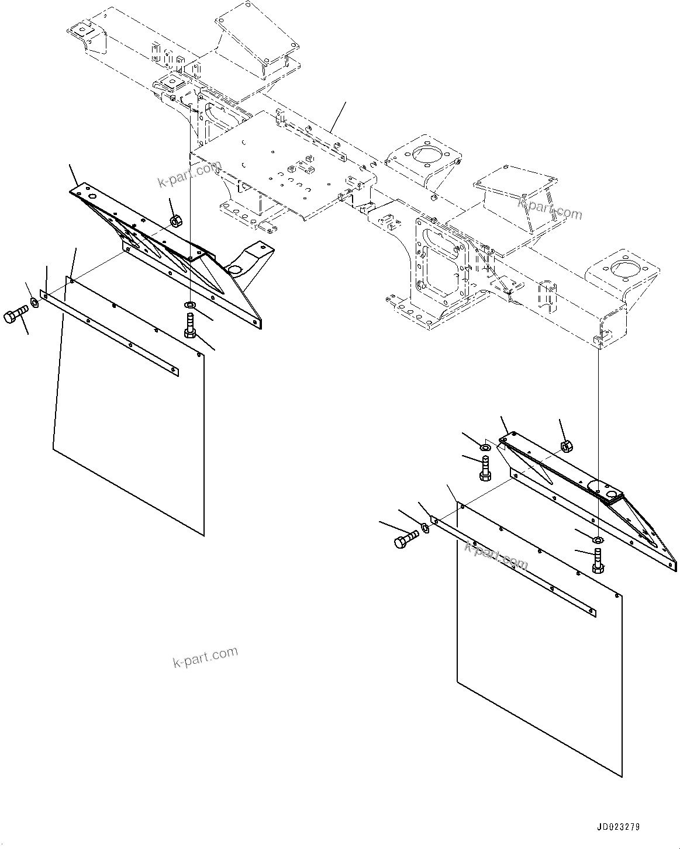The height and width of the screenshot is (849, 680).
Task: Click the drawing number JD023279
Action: [x=618, y=827]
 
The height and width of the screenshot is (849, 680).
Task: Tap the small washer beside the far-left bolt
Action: [x=34, y=303]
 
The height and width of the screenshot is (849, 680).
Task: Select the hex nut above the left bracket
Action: [x=175, y=220]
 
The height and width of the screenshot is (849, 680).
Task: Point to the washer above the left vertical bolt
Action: [x=190, y=305]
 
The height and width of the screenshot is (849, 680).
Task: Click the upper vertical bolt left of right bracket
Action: [x=485, y=469]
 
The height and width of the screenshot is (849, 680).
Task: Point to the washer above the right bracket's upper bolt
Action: [x=485, y=448]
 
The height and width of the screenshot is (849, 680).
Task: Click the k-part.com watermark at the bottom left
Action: [x=205, y=657]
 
